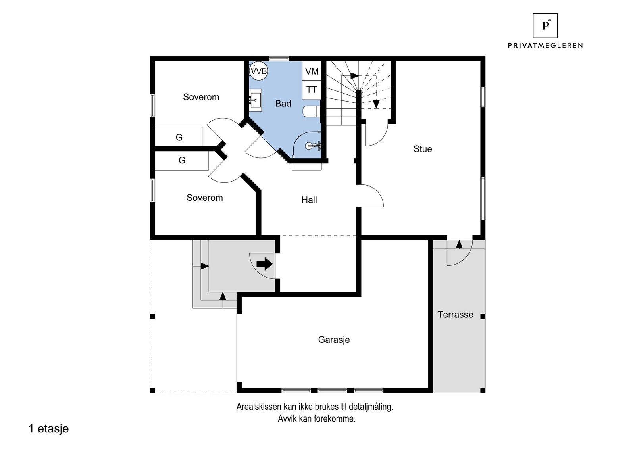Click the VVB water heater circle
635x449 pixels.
click(x=258, y=71)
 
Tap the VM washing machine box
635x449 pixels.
click(x=312, y=71)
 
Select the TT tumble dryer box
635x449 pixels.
click(x=312, y=90)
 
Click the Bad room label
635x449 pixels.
click(x=283, y=104)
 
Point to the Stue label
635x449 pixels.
click(x=422, y=149)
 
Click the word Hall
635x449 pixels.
click(x=309, y=200)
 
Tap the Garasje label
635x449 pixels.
click(x=334, y=340)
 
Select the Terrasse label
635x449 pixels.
click(x=455, y=315)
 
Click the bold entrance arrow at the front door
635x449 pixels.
click(x=264, y=264)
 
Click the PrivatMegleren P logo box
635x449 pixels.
click(x=545, y=26)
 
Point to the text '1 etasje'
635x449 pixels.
click(x=49, y=429)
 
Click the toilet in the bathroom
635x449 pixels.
click(x=312, y=111)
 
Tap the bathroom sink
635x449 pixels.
click(x=256, y=99)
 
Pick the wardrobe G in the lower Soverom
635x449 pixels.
click(x=182, y=161)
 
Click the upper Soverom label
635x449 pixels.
click(x=201, y=97)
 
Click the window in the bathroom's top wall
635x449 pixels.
click(x=279, y=59)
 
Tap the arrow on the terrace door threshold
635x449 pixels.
click(x=459, y=244)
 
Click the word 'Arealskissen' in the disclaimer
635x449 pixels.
click(x=259, y=407)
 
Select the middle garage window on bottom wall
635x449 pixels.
click(x=333, y=390)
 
